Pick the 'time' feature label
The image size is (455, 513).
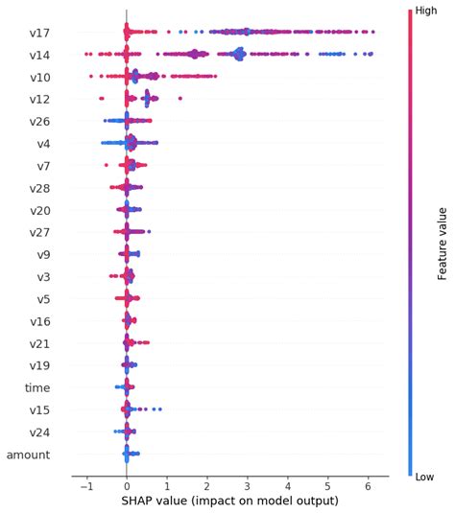[x=37, y=387]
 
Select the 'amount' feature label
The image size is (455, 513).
[x=29, y=455]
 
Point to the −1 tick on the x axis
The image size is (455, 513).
[x=85, y=486]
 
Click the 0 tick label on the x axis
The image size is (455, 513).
[x=127, y=486]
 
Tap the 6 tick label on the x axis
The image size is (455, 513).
[x=368, y=486]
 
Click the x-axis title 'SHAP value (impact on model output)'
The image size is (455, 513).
[x=229, y=501]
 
